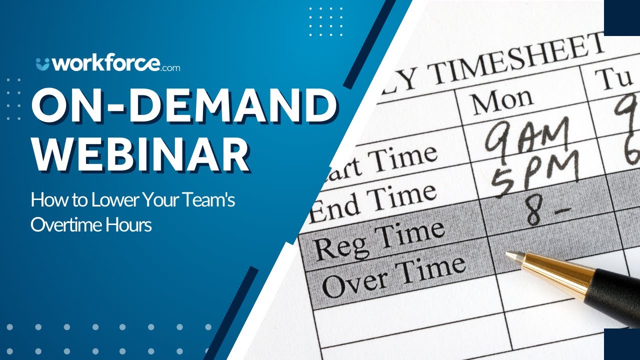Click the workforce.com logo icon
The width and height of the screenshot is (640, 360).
coord(43,64)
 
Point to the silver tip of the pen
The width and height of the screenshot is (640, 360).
coord(512,256)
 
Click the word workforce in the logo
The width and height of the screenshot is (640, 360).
coord(106,64)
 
